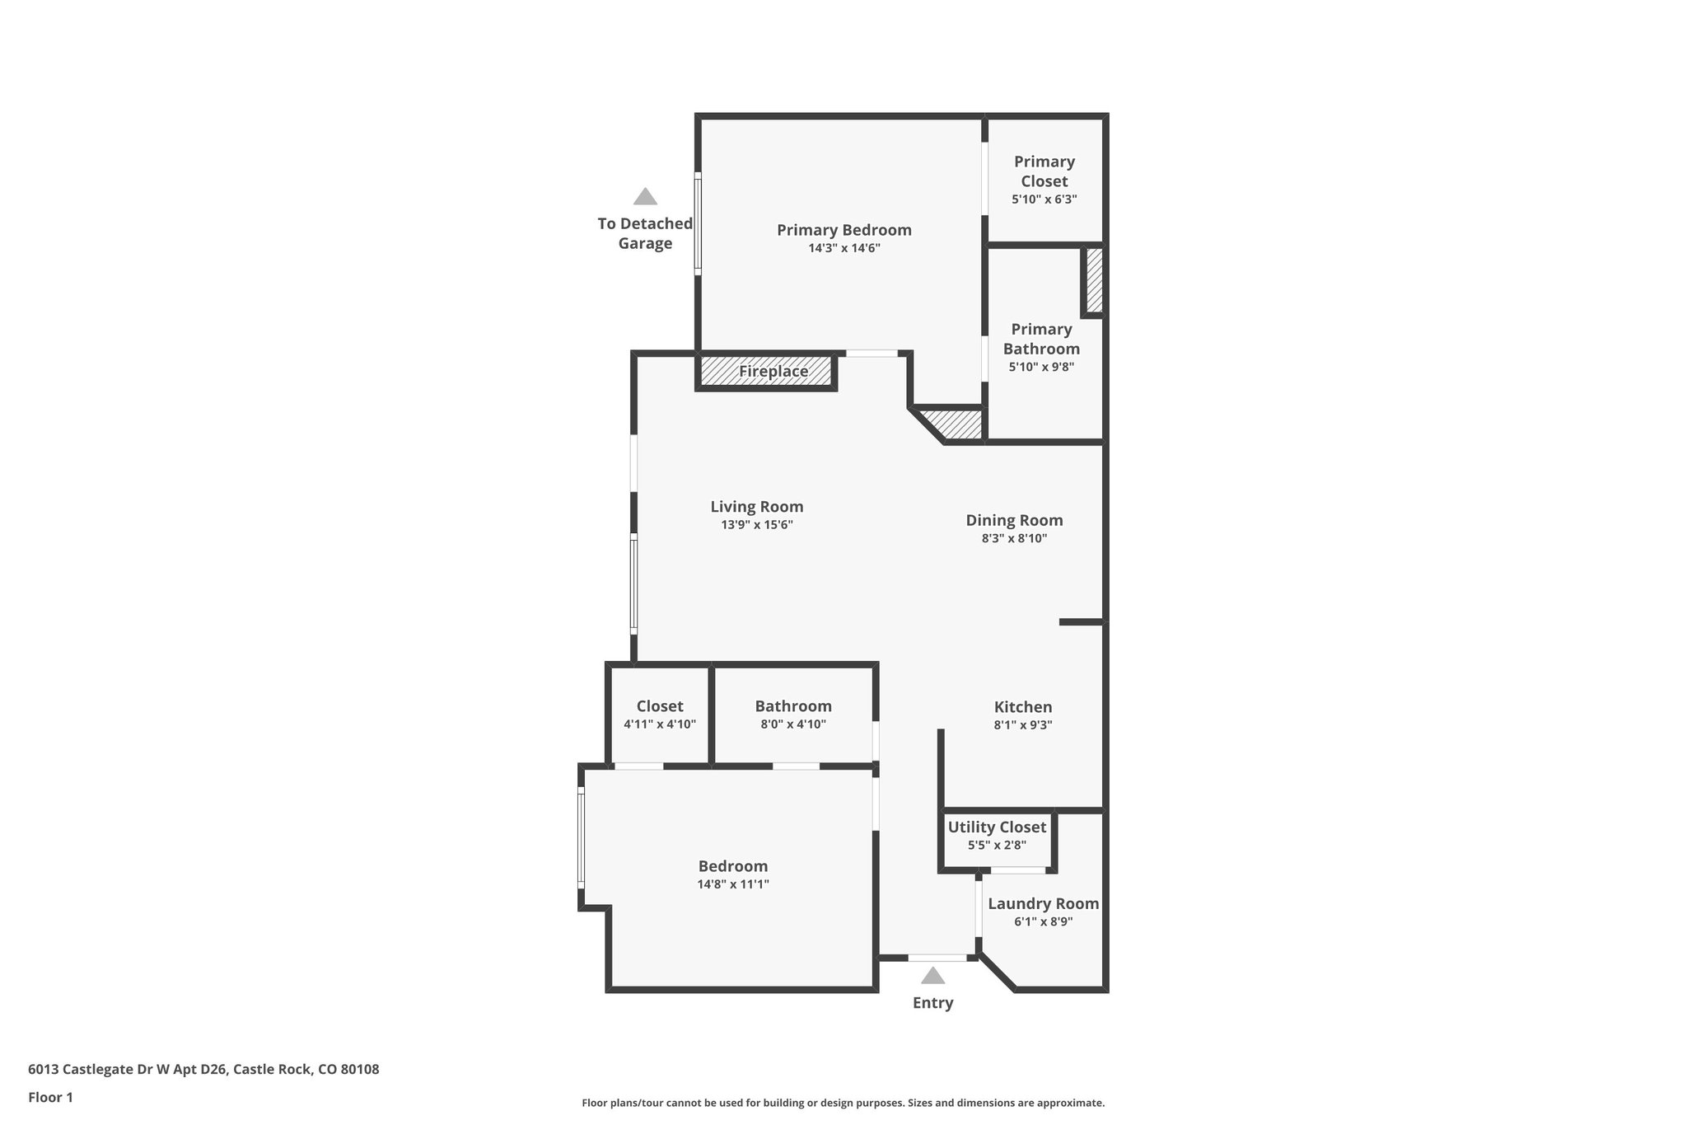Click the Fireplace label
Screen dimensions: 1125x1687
(773, 372)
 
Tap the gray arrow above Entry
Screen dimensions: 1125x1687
(932, 976)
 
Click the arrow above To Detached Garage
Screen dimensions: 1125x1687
(645, 196)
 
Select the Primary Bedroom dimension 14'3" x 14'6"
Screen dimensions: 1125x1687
(844, 248)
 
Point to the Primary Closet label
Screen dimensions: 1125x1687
(1044, 171)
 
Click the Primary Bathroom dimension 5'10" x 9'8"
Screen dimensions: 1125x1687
(1041, 368)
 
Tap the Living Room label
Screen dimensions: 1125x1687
(756, 507)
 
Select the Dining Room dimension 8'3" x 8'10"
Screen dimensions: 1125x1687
(1014, 539)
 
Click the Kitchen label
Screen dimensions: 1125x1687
(1023, 707)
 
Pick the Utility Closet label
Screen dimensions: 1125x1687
(997, 827)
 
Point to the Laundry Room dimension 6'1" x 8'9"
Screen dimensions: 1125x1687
(1043, 922)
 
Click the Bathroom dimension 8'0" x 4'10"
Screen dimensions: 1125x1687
(793, 725)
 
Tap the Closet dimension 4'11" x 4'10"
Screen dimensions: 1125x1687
(660, 725)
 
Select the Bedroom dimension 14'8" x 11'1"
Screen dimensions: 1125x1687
(732, 884)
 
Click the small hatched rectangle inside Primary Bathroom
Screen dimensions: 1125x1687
(1094, 281)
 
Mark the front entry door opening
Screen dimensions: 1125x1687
(937, 958)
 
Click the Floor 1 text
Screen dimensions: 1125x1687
(50, 1097)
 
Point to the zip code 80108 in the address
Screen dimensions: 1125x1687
(360, 1070)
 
